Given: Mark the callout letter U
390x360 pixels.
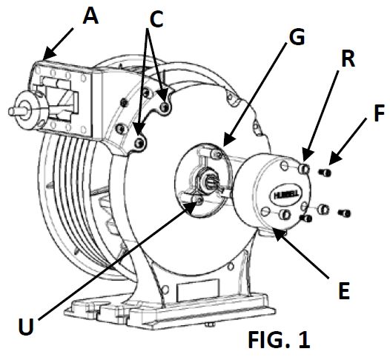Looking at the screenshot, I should click(x=24, y=324).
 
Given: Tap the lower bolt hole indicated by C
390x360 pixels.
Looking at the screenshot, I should click(x=140, y=139).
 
